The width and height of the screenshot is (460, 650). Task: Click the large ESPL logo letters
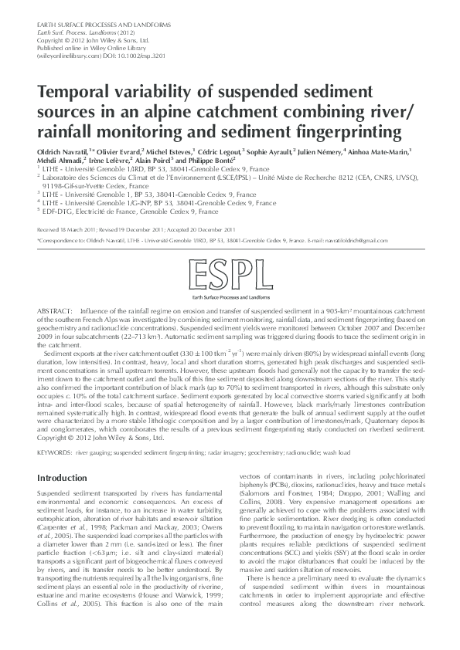pyautogui.click(x=230, y=276)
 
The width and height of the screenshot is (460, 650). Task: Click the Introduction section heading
pyautogui.click(x=63, y=479)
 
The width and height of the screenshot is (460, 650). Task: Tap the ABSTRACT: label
pyautogui.click(x=54, y=308)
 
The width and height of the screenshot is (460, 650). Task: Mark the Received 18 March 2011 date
pyautogui.click(x=64, y=230)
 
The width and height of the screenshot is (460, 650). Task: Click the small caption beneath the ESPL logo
pyautogui.click(x=230, y=296)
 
